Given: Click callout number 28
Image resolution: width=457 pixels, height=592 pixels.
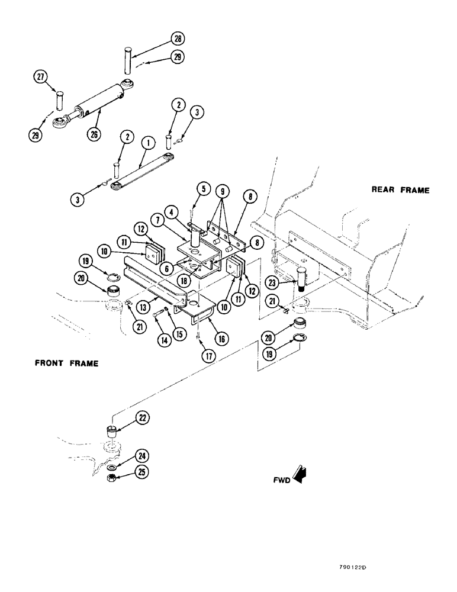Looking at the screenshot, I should click(178, 39).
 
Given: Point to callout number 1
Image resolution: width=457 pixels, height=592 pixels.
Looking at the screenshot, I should click(147, 143).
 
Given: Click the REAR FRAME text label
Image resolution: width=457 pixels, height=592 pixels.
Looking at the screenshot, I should click(400, 190).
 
